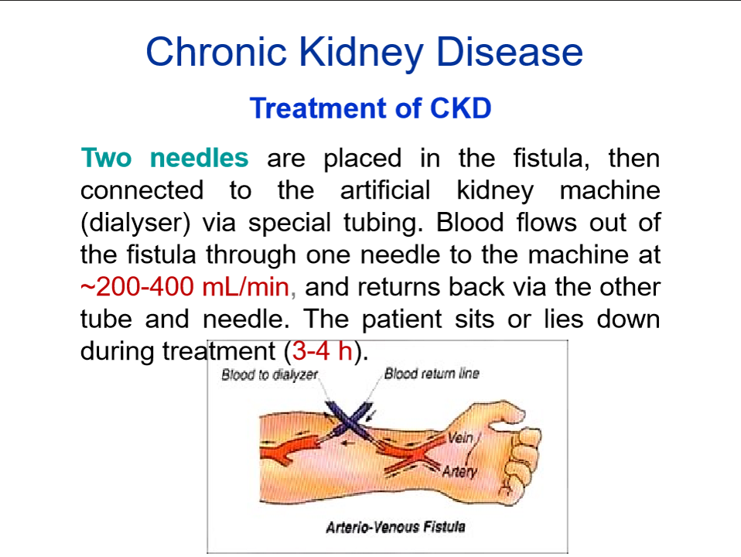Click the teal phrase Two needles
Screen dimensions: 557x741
(165, 158)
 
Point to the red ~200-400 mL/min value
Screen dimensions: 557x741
(186, 287)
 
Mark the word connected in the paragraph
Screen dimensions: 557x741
(142, 190)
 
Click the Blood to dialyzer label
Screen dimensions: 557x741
(269, 375)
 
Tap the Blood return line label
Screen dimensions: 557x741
(432, 374)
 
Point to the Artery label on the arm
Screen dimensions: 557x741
(459, 471)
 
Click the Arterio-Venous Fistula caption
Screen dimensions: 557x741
(395, 528)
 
